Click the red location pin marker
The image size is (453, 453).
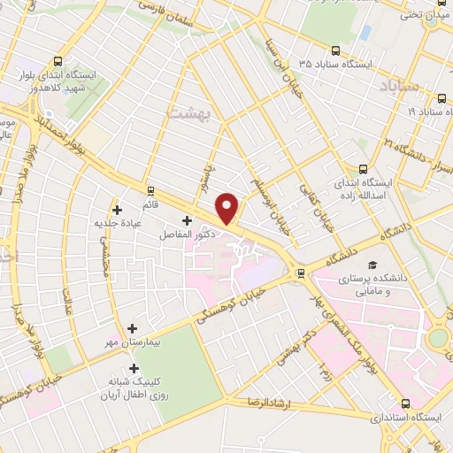pos(228,208)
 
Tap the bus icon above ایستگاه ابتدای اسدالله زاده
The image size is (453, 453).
pos(363,169)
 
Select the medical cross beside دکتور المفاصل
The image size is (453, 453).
pos(187,221)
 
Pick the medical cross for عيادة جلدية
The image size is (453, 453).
pos(115,209)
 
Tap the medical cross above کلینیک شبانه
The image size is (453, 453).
pos(134,368)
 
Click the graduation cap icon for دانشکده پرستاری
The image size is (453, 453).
pos(373,265)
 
